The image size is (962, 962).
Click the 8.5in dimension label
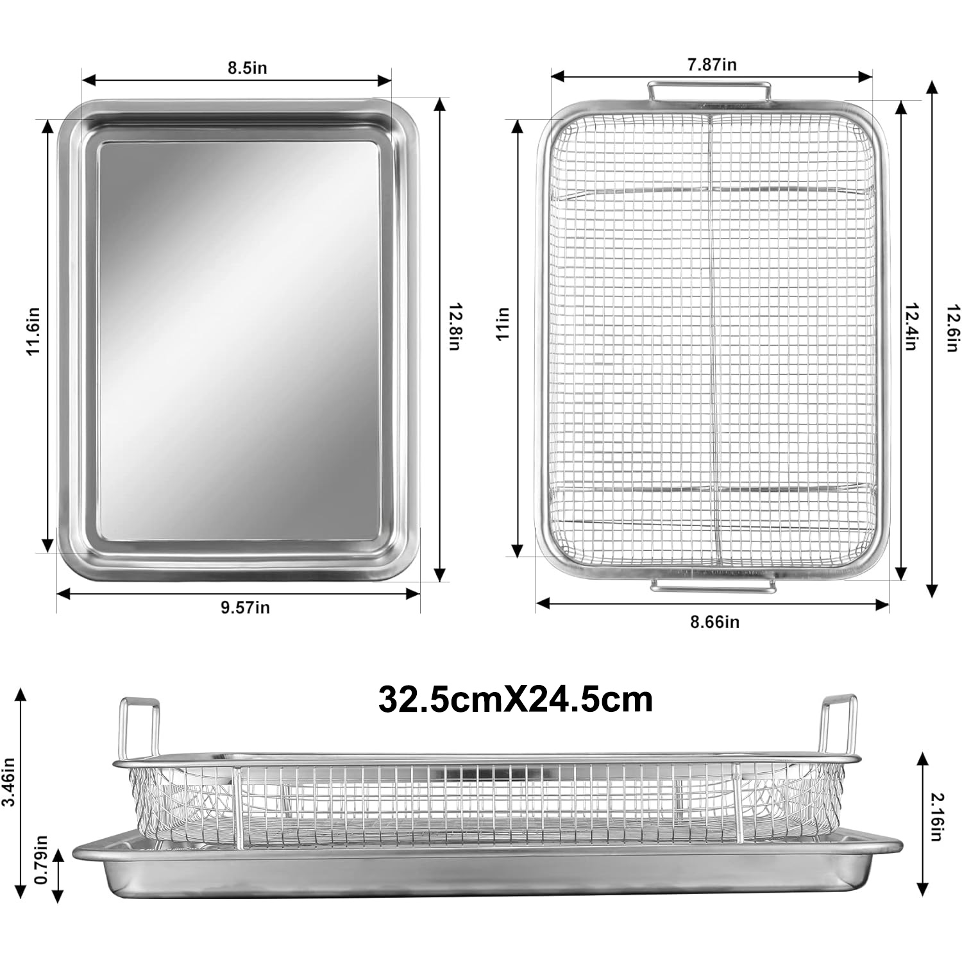click(247, 67)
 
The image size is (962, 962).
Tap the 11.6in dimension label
click(33, 331)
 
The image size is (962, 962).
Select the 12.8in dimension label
click(454, 326)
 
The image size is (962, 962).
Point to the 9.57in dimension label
click(245, 607)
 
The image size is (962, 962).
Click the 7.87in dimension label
click(712, 64)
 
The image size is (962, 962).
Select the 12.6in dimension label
click(951, 327)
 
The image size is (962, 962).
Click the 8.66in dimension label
click(714, 621)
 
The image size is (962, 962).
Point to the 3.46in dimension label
click(9, 784)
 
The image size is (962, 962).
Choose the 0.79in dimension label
click(42, 859)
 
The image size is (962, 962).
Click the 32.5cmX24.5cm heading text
click(516, 699)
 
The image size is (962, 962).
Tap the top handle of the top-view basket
click(709, 90)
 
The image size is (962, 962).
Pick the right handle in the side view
click(839, 725)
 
